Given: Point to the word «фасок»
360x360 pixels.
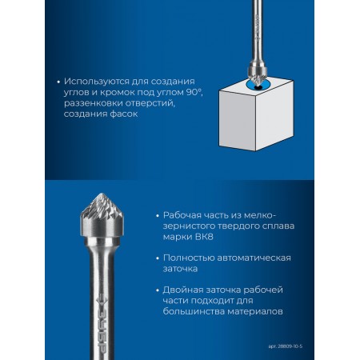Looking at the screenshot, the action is pos(124,114).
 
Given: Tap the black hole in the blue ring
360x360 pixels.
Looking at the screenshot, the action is pos(258,87).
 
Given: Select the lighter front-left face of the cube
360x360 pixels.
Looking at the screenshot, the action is pos(237,120).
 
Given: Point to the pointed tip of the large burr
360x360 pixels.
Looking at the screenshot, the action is pos(101,194).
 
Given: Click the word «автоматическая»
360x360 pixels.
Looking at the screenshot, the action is pos(254,258).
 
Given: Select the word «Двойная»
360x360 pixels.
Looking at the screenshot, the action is pos(180,290).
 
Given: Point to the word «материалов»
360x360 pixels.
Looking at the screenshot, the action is pos(255,311).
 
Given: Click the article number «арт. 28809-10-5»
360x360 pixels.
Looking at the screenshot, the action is pos(286,346).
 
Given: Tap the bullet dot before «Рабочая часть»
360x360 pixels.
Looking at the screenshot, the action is pos(158,215).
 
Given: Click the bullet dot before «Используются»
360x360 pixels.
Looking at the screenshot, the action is pos(58,82).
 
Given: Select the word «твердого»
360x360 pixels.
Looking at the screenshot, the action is pos(237,226).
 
